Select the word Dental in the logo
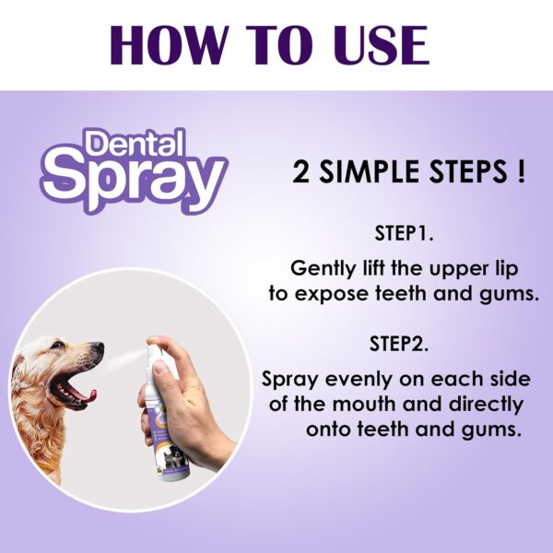[x=135, y=145]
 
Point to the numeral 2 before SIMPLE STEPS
[x=300, y=171]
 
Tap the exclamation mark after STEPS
[x=522, y=171]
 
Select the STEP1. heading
[x=404, y=233]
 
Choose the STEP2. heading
[x=399, y=343]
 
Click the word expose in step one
[x=332, y=295]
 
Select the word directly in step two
[x=486, y=405]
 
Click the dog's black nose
[x=98, y=347]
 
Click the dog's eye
[x=57, y=345]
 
